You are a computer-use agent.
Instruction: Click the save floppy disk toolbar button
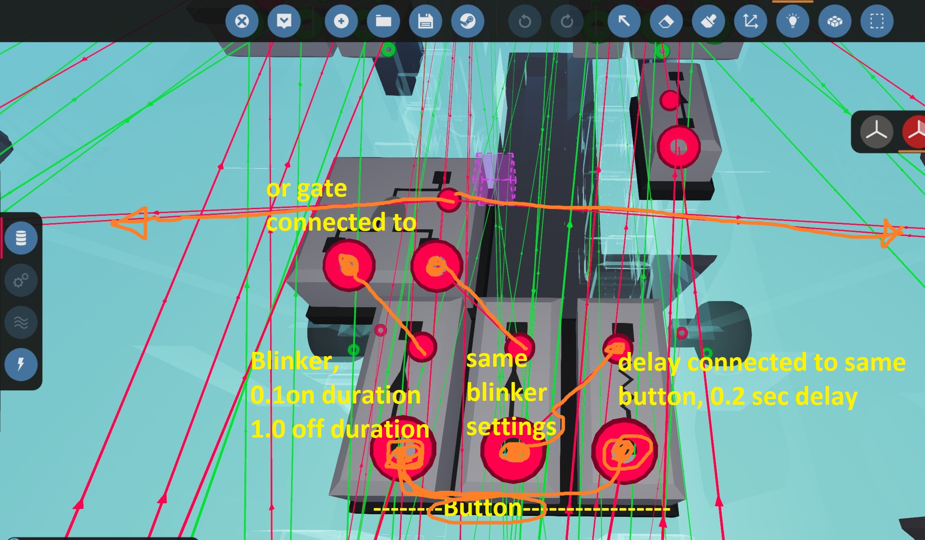425,21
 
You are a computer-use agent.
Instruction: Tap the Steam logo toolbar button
467,21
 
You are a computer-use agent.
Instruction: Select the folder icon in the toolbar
383,21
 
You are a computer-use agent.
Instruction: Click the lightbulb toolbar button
793,21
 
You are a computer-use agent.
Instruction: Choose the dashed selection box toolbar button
876,21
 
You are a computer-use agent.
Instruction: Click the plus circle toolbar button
341,21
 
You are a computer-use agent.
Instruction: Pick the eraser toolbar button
666,21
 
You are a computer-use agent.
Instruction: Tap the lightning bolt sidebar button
21,364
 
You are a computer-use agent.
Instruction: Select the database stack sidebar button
21,238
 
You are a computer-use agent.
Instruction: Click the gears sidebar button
21,280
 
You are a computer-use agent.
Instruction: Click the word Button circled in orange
483,508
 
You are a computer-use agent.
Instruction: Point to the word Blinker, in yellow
294,361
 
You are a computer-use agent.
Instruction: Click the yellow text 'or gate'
306,189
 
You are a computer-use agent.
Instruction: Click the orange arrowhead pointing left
131,222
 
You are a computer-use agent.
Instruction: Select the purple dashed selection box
494,179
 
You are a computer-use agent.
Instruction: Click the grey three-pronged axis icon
876,132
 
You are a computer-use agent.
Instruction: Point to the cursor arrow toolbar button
624,21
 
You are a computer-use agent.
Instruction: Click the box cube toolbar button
835,21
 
